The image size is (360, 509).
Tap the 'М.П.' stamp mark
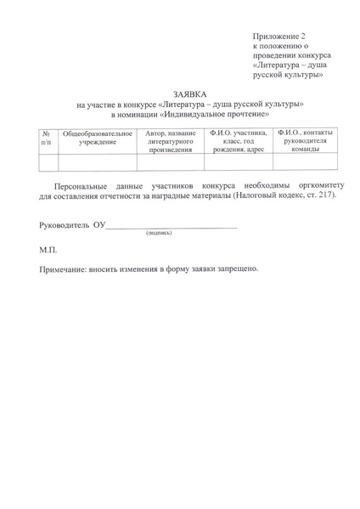48,252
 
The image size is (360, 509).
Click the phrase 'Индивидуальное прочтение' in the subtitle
215,114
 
